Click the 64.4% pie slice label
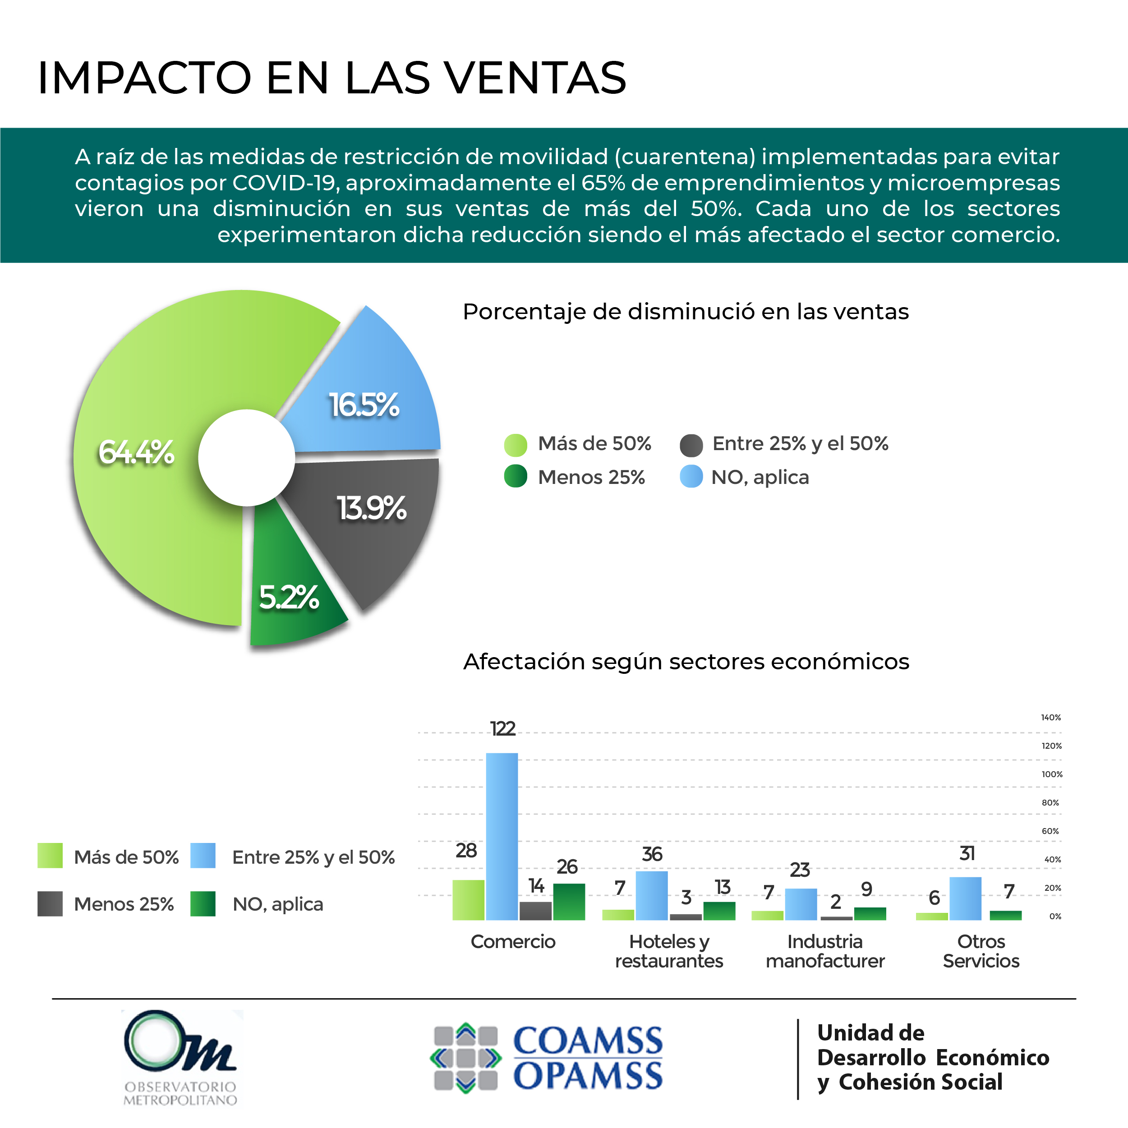(136, 452)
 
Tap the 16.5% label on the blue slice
(364, 405)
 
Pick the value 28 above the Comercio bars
(466, 851)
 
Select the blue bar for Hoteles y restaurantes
(652, 896)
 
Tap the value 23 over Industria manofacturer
(800, 870)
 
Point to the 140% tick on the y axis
(1051, 718)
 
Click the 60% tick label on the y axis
(1050, 831)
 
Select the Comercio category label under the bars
(513, 942)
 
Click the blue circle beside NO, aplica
(691, 477)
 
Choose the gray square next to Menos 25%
(50, 904)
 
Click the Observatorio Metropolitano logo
(180, 1057)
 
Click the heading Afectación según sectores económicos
(686, 662)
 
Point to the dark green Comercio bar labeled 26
(569, 902)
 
